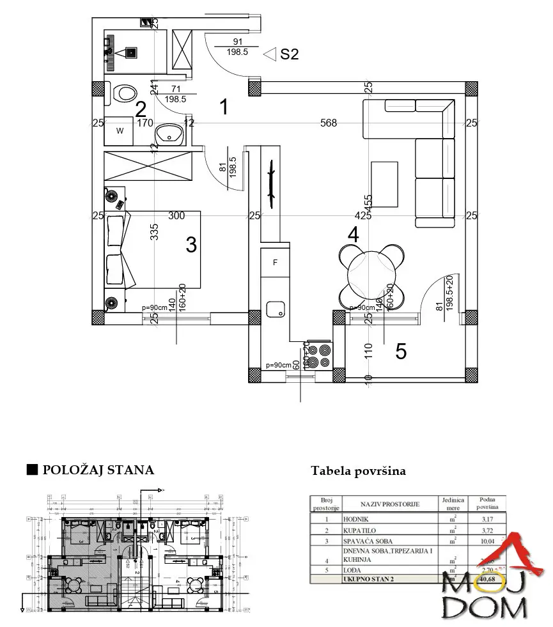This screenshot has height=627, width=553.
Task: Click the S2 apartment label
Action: click(x=289, y=54)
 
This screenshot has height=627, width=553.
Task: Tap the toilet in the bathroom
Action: click(x=124, y=93)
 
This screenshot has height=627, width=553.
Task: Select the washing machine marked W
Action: click(x=120, y=131)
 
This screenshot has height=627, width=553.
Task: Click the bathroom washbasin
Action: click(x=171, y=133)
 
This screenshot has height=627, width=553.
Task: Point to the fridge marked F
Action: click(x=275, y=262)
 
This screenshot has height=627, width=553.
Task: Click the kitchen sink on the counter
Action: click(x=276, y=309)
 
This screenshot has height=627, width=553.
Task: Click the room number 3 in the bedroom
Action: click(x=191, y=244)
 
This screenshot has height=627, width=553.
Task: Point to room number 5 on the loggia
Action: click(x=401, y=351)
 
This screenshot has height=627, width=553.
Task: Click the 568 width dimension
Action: click(x=329, y=123)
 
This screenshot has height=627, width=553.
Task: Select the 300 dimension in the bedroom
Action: click(x=176, y=216)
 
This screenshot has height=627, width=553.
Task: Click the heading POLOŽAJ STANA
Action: click(x=98, y=470)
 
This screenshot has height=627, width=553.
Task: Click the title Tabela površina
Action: click(x=358, y=471)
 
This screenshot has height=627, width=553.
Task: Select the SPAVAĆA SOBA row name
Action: click(x=366, y=540)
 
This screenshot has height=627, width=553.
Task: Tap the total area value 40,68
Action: click(x=487, y=578)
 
